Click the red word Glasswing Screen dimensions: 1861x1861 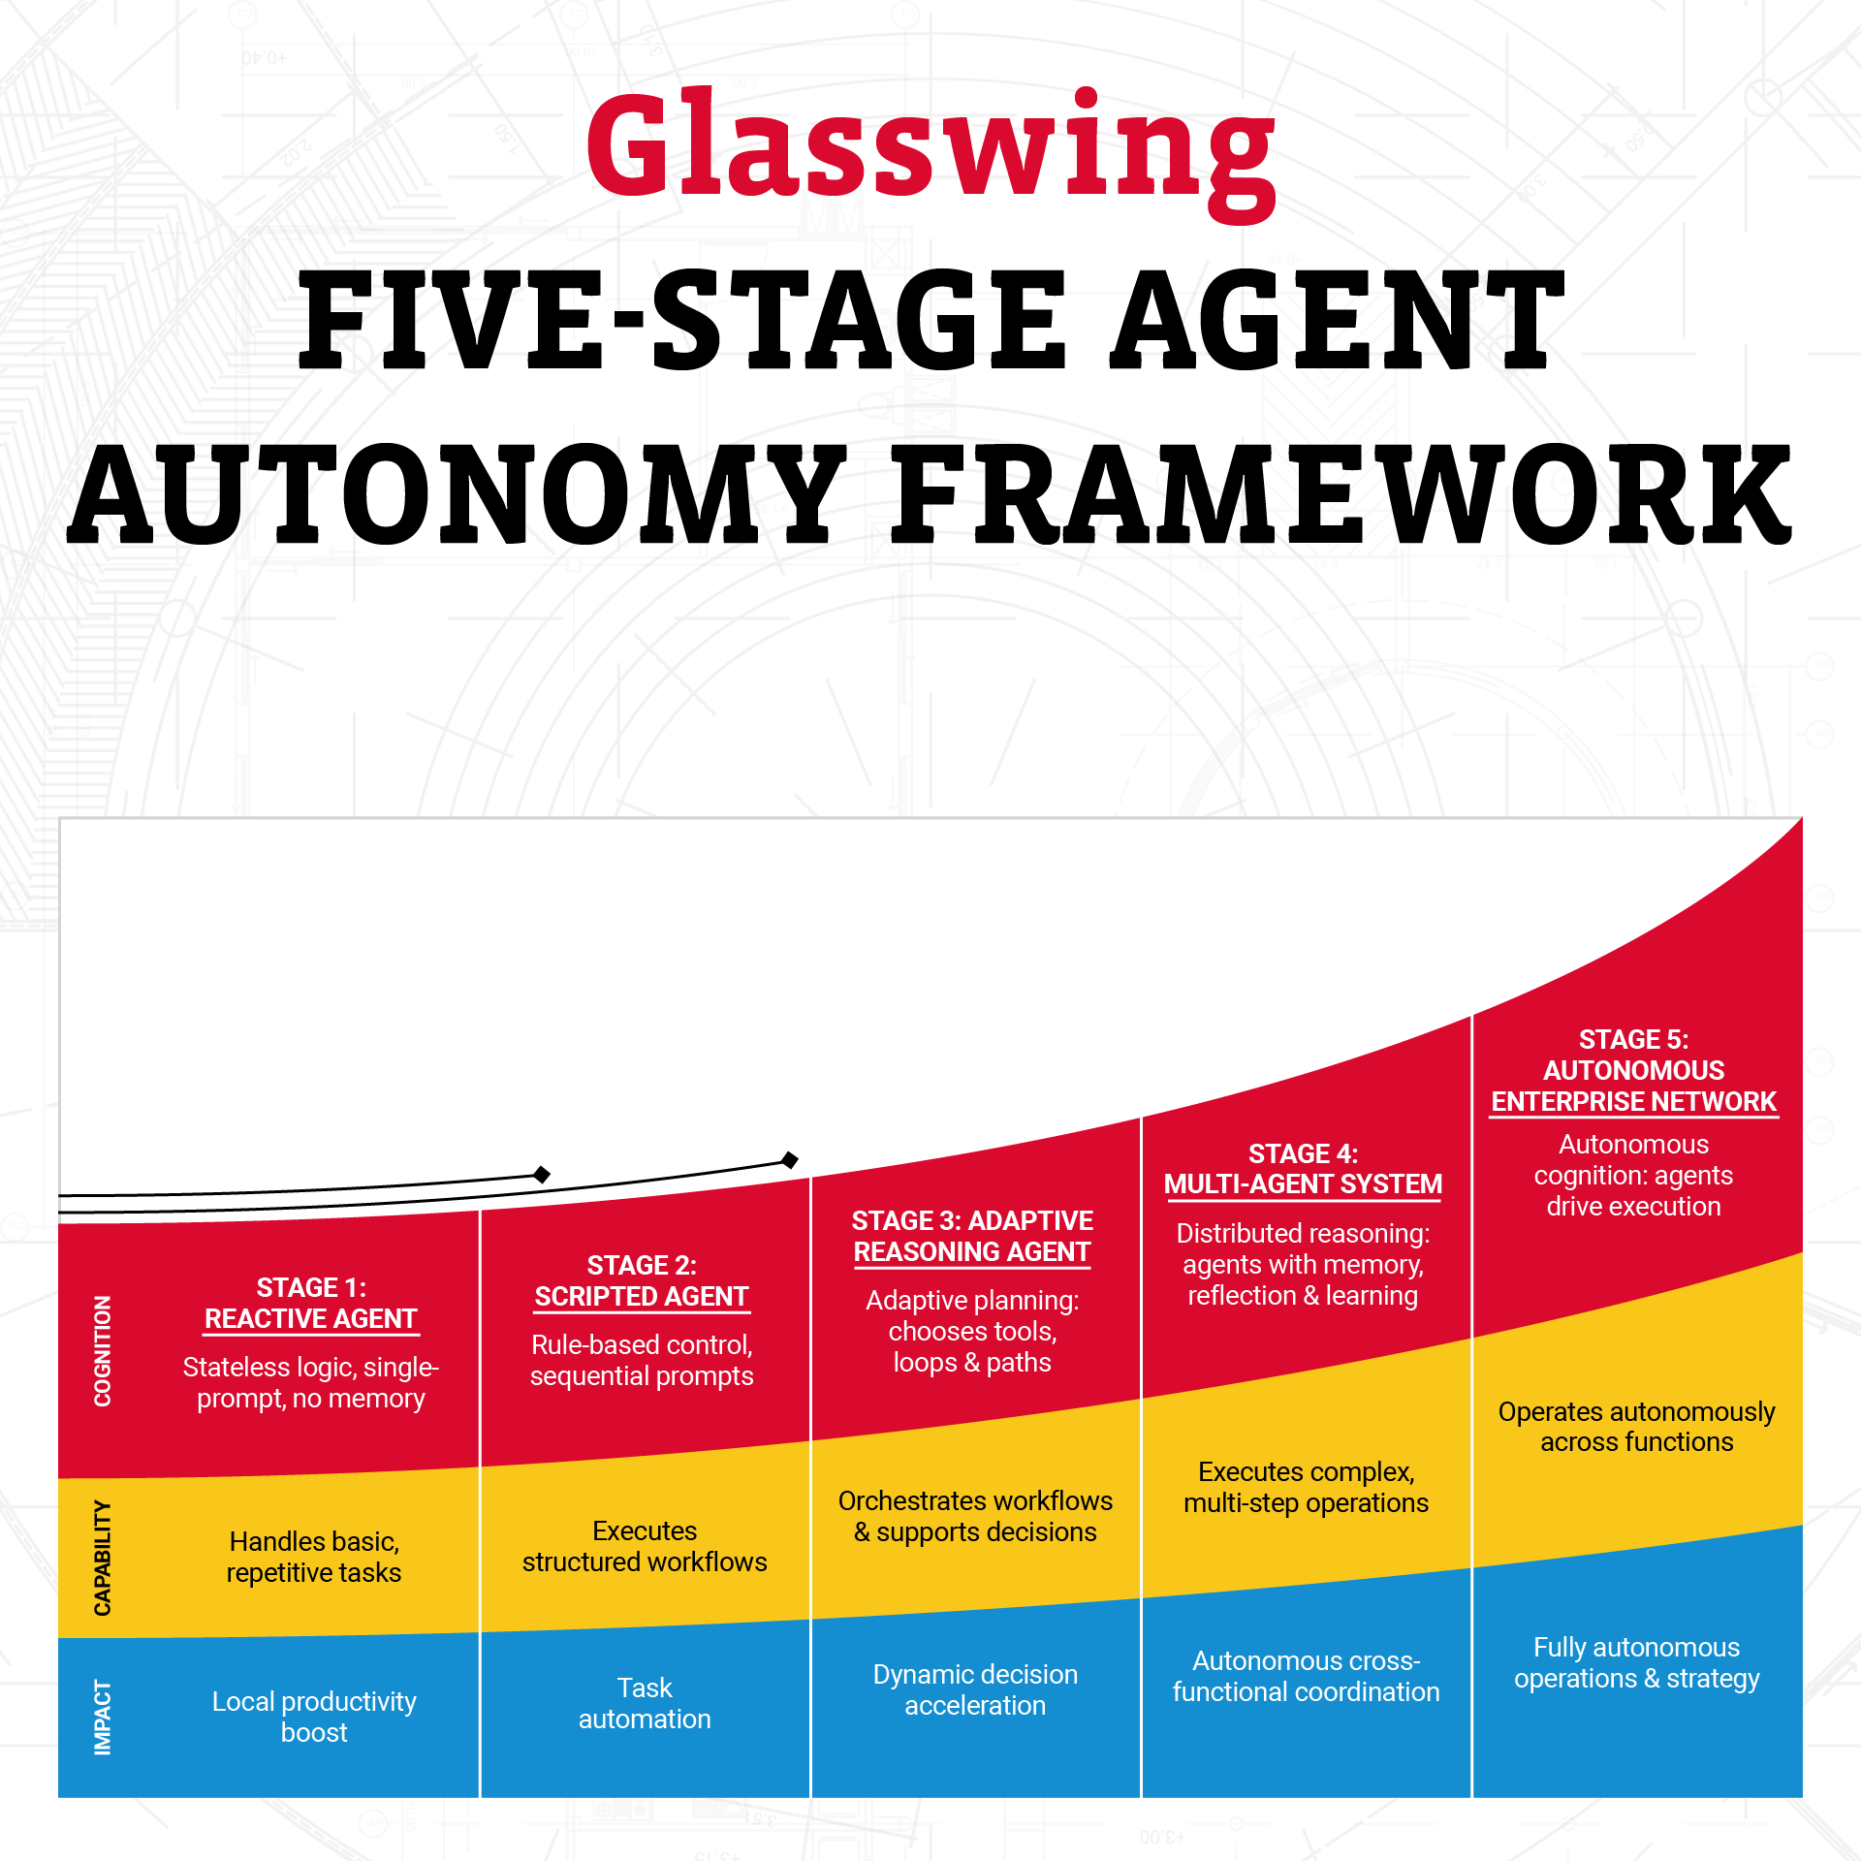[x=930, y=153]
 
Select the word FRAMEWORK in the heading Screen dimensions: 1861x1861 [x=1341, y=493]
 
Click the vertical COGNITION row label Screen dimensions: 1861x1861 [x=102, y=1350]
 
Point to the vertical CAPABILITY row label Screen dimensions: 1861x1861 [x=102, y=1558]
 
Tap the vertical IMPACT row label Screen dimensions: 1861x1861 [x=102, y=1718]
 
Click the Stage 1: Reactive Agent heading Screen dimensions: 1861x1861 [x=311, y=1303]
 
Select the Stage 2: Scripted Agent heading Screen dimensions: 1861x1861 [x=642, y=1280]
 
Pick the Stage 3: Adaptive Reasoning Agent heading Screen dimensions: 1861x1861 [x=972, y=1236]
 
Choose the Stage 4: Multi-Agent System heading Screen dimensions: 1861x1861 [x=1303, y=1169]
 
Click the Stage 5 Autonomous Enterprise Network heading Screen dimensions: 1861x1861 [x=1633, y=1070]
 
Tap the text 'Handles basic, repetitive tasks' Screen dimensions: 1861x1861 [x=314, y=1557]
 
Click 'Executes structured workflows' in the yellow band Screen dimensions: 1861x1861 [x=645, y=1546]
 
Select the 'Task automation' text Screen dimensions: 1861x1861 [x=645, y=1703]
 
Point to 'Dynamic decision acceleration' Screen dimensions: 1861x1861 [x=975, y=1689]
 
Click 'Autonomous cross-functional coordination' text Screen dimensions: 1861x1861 [x=1306, y=1676]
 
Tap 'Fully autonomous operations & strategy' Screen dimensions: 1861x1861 [x=1636, y=1662]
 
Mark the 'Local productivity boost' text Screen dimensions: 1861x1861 [x=314, y=1717]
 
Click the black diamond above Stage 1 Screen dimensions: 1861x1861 [x=542, y=1175]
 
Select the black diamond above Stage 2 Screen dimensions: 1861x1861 [x=790, y=1160]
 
